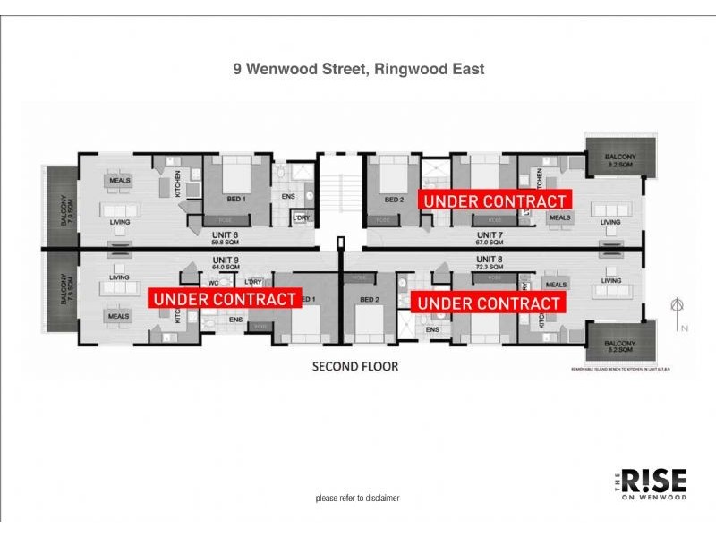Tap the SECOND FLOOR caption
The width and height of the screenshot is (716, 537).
pyautogui.click(x=354, y=366)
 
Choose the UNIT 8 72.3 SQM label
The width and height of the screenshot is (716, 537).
pyautogui.click(x=492, y=262)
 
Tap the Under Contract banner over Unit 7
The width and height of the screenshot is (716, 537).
pyautogui.click(x=495, y=201)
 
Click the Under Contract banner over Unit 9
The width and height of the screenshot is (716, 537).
pyautogui.click(x=224, y=299)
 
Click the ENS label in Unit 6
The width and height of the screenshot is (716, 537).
pyautogui.click(x=287, y=197)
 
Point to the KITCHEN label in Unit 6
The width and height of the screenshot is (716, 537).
pyautogui.click(x=178, y=185)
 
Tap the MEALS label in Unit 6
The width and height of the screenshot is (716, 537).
pyautogui.click(x=120, y=181)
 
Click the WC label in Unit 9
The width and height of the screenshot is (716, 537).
pyautogui.click(x=215, y=282)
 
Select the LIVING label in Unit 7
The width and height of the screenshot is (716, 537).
pyautogui.click(x=610, y=222)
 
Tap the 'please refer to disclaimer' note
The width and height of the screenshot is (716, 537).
pyautogui.click(x=357, y=498)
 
